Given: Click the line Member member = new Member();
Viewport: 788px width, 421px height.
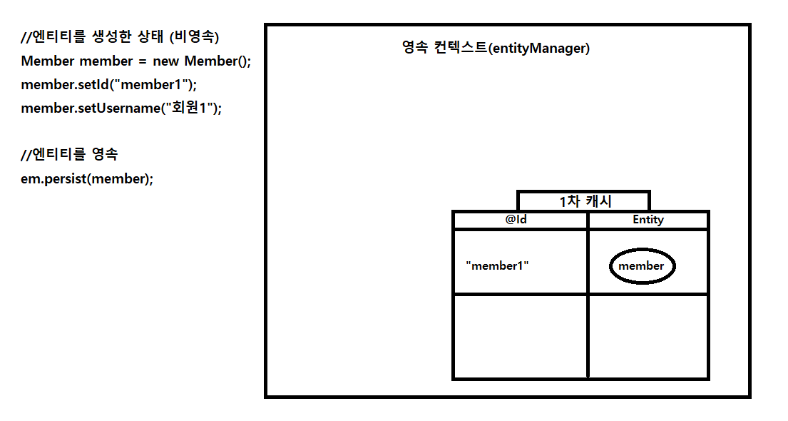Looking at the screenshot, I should click(x=135, y=61).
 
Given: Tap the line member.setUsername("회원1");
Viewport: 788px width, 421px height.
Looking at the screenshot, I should click(x=121, y=108).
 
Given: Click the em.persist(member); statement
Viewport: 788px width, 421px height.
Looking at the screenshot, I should click(x=87, y=178).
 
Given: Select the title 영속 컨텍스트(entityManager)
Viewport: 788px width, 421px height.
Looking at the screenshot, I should click(x=496, y=49).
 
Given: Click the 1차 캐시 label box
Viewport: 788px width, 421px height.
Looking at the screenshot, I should click(x=583, y=201).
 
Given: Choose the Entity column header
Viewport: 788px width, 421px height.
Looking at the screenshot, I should click(x=648, y=220).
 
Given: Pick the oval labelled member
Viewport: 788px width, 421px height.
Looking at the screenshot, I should click(x=642, y=266).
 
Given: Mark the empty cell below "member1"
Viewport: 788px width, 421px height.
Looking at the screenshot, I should click(x=520, y=336).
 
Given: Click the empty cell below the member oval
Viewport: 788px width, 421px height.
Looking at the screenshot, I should click(x=648, y=336).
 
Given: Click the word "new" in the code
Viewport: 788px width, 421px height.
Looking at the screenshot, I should click(x=165, y=61).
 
